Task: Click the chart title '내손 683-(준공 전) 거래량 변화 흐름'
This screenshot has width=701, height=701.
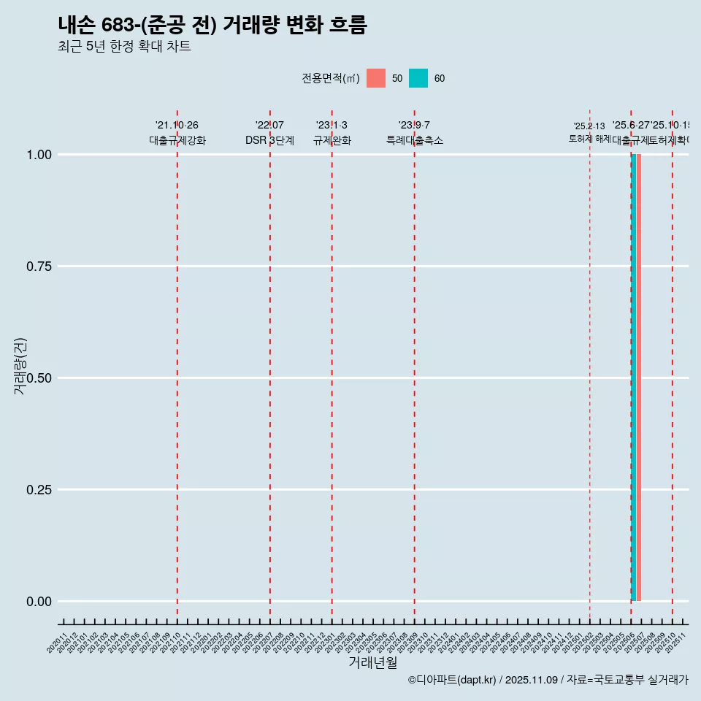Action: pyautogui.click(x=212, y=25)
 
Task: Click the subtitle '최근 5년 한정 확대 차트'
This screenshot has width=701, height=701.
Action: pyautogui.click(x=124, y=47)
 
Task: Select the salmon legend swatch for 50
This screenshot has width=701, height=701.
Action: pyautogui.click(x=376, y=78)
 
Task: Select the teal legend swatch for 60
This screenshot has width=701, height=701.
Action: pyautogui.click(x=418, y=78)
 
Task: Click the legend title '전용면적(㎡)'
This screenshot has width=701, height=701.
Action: pyautogui.click(x=331, y=78)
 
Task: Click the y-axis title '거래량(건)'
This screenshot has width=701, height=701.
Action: pyautogui.click(x=20, y=367)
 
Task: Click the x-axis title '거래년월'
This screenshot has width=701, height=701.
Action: pyautogui.click(x=373, y=662)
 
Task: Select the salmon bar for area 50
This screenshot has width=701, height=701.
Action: pyautogui.click(x=638, y=378)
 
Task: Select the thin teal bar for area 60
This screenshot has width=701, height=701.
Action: pyautogui.click(x=633, y=378)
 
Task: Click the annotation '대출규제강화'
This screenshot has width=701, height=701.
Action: pyautogui.click(x=177, y=140)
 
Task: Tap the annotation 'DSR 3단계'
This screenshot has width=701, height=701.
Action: pyautogui.click(x=269, y=140)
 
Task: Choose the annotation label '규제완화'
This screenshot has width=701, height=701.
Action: pyautogui.click(x=332, y=140)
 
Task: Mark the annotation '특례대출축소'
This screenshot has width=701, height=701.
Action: pyautogui.click(x=415, y=140)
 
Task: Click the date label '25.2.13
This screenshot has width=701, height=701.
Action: pyautogui.click(x=589, y=126)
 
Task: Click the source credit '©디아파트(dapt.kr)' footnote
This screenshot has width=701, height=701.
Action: pyautogui.click(x=452, y=681)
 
